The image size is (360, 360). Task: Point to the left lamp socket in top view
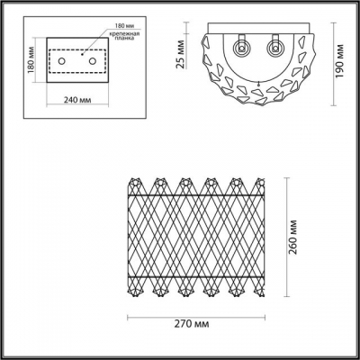coord(240,47)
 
